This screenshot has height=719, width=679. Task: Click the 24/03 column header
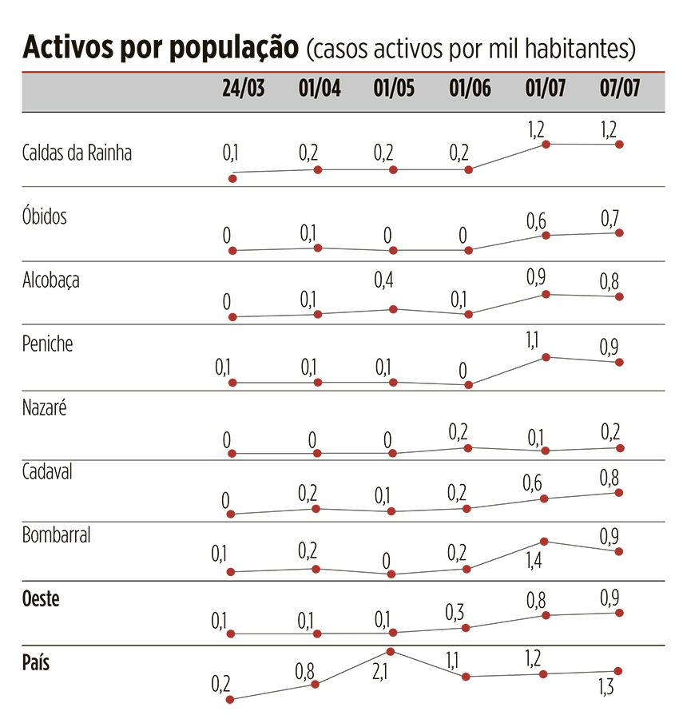(x=243, y=89)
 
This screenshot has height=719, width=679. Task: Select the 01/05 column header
(x=394, y=89)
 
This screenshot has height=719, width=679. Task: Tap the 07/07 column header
(x=620, y=89)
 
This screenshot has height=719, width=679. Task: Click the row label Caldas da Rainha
(x=77, y=153)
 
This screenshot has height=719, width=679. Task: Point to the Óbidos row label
(x=45, y=216)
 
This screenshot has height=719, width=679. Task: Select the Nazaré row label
(x=45, y=407)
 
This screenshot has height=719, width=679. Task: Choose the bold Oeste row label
(x=41, y=599)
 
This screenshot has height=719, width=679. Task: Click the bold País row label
(x=36, y=662)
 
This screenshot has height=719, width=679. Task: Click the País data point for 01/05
(x=391, y=652)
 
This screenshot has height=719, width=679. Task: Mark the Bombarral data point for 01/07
(x=544, y=542)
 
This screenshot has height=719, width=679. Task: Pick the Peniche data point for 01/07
(x=546, y=357)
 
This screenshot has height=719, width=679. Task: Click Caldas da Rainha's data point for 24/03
(x=232, y=178)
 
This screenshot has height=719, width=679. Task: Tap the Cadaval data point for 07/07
(x=620, y=492)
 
